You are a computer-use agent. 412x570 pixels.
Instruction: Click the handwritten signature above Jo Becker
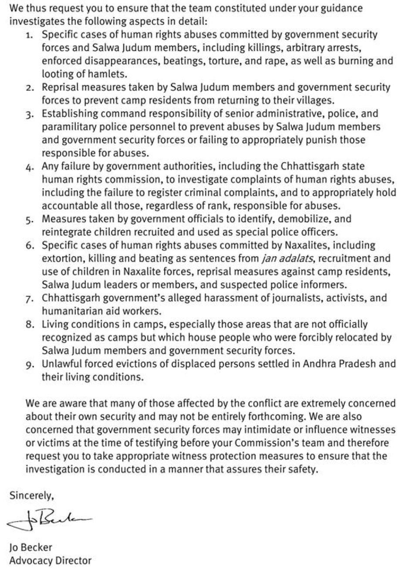coord(50,520)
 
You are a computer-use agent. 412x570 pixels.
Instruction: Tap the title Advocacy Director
coord(51,560)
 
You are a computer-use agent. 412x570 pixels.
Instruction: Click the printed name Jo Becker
coord(30,547)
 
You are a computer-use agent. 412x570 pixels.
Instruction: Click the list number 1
coord(30,34)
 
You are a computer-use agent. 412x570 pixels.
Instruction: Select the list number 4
coord(30,166)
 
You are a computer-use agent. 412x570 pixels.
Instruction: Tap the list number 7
coord(30,299)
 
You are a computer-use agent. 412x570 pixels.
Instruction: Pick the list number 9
coord(30,364)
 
